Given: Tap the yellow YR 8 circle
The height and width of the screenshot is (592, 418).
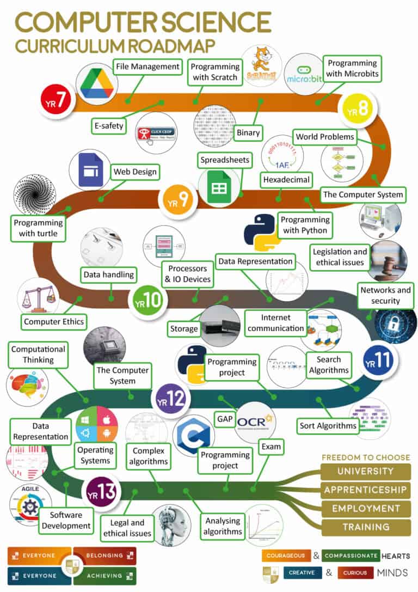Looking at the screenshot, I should (x=356, y=109).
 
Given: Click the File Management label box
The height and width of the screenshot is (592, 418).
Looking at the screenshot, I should (x=147, y=67).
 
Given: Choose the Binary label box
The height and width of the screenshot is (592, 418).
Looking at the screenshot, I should (x=248, y=132).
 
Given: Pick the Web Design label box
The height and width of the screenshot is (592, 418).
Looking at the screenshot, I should (x=135, y=172).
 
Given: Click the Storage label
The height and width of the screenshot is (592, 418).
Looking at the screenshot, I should (x=184, y=328).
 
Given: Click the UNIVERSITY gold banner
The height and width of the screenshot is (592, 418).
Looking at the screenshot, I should (x=365, y=471).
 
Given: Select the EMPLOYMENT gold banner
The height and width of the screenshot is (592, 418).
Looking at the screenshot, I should (x=365, y=509).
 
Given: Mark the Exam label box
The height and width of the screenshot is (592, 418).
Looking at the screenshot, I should (x=271, y=447).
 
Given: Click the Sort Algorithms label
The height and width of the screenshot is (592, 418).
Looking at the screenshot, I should (x=328, y=425).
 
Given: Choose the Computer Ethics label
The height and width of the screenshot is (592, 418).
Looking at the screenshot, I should (x=54, y=322).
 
